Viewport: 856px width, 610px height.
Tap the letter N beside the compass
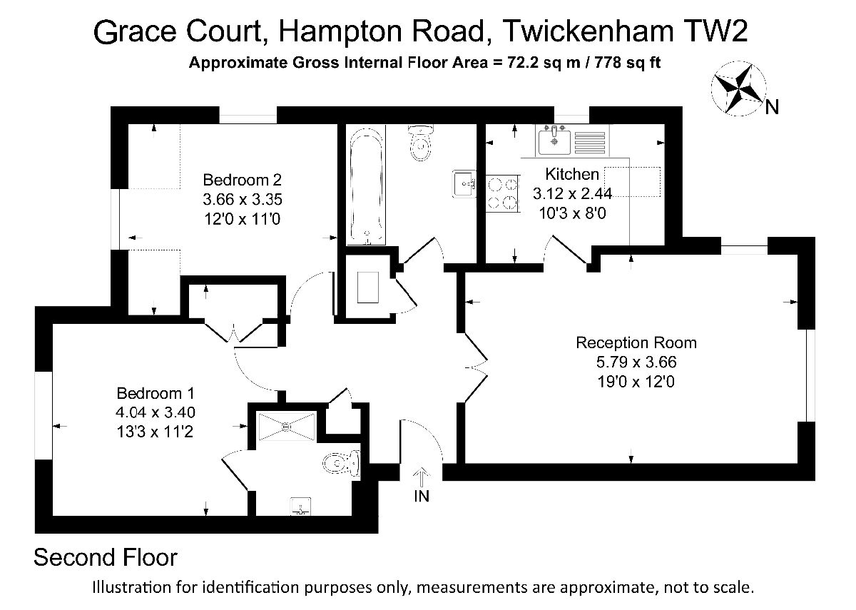click(x=772, y=108)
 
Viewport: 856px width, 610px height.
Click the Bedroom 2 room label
click(x=243, y=180)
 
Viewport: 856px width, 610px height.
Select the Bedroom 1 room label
click(x=156, y=393)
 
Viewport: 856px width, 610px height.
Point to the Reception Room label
click(x=636, y=342)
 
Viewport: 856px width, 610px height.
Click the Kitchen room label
click(x=572, y=174)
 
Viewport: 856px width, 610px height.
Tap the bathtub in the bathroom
click(x=367, y=185)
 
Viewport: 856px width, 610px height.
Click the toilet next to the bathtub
click(x=420, y=143)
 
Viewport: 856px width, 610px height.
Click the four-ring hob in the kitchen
click(x=502, y=193)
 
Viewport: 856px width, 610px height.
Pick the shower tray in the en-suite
click(x=287, y=426)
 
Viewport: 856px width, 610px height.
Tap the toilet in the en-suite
click(x=341, y=464)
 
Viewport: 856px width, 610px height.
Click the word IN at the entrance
click(x=422, y=496)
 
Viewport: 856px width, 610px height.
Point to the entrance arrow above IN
click(x=422, y=477)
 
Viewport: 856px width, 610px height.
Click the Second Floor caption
click(x=106, y=557)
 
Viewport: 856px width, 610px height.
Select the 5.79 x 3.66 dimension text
click(x=636, y=362)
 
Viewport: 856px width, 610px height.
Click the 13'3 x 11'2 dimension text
click(x=155, y=432)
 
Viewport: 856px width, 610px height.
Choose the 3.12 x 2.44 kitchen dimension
click(x=572, y=194)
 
